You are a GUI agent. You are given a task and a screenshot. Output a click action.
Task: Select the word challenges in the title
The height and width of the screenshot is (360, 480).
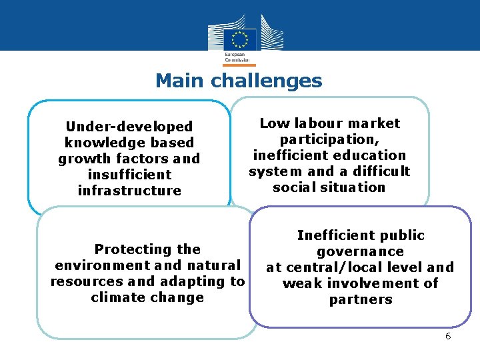[x=267, y=82]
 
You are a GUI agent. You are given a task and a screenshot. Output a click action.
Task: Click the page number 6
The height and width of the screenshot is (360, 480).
[x=448, y=336]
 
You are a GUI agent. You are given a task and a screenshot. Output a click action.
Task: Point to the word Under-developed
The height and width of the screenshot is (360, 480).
[x=129, y=127]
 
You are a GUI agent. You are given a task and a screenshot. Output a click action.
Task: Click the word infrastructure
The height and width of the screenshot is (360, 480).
[x=129, y=191]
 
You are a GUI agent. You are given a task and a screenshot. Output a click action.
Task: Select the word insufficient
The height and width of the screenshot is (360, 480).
[x=129, y=175]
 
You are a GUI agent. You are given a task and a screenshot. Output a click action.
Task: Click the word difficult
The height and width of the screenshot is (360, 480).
[x=377, y=171]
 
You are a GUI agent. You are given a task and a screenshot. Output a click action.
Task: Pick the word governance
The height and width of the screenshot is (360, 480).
[x=360, y=251]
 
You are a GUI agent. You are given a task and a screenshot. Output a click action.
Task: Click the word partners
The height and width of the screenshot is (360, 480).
[x=360, y=299]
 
